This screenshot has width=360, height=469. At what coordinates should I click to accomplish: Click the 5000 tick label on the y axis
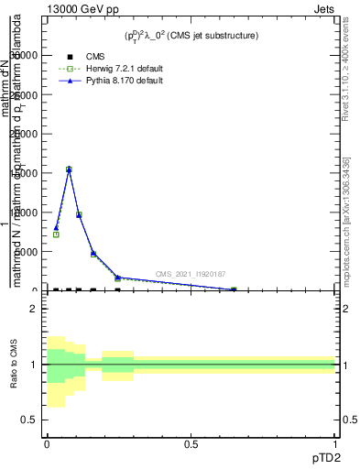point(27,252)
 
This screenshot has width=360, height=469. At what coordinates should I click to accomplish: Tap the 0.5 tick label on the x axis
point(191,444)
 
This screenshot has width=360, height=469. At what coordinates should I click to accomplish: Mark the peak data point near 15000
point(68,169)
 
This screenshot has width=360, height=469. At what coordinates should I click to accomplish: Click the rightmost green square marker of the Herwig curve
point(234,289)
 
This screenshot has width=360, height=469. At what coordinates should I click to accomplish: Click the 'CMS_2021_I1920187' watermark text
point(190,274)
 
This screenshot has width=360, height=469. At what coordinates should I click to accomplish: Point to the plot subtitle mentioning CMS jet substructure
point(191,36)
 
